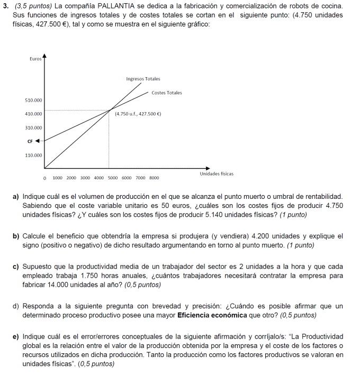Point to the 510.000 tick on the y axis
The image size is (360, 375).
[34, 100]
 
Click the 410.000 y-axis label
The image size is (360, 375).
[34, 114]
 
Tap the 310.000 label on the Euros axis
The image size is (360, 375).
[34, 127]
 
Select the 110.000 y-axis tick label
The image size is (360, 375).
[34, 155]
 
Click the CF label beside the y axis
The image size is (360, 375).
[30, 141]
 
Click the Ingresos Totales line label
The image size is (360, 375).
[143, 79]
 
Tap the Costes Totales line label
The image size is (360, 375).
[166, 93]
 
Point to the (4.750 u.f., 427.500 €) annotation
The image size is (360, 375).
[138, 114]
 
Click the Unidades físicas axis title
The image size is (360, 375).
[217, 173]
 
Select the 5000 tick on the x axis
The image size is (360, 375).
[112, 178]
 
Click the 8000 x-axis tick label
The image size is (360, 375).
[154, 178]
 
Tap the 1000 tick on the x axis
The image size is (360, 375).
[57, 178]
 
